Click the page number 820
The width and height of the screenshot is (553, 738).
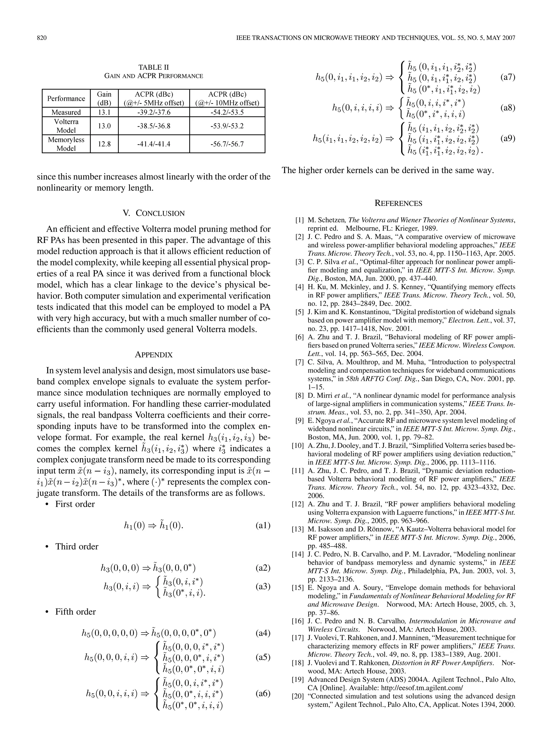[x=41, y=38]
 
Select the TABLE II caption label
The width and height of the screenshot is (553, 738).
[x=154, y=67]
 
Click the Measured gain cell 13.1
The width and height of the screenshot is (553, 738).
[x=104, y=112]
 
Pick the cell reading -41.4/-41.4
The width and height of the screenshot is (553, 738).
[x=154, y=144]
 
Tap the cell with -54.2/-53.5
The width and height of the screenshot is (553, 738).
[x=227, y=112]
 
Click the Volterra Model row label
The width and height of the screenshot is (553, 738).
[x=66, y=126]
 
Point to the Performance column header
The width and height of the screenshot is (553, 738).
[x=66, y=98]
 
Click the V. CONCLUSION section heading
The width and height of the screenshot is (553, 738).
[x=154, y=213]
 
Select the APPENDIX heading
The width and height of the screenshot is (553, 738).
[x=154, y=355]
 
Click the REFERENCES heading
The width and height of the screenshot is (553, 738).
[x=398, y=203]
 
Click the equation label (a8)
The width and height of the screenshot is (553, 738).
[x=508, y=108]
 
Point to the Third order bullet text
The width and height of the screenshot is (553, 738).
[x=77, y=546]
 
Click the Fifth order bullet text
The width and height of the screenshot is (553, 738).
[x=75, y=612]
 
